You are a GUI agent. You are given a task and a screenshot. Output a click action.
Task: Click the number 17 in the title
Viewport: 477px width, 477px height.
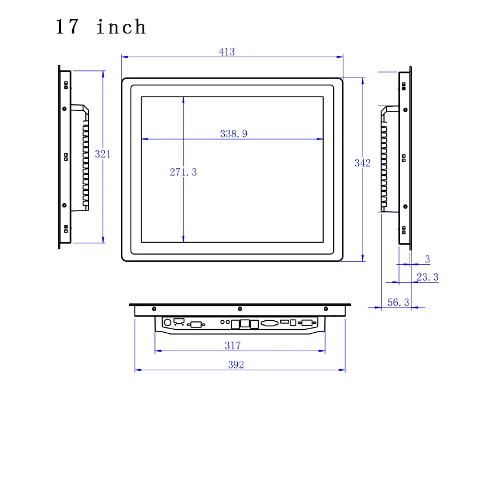(69, 27)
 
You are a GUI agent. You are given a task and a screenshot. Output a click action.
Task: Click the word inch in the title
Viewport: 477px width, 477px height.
(121, 27)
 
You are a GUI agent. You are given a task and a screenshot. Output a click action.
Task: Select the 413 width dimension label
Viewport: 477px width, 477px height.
(227, 52)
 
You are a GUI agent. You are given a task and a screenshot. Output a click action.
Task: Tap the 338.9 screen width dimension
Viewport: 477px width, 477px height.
(234, 134)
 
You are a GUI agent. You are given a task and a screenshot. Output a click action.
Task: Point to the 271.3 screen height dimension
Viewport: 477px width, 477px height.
(183, 172)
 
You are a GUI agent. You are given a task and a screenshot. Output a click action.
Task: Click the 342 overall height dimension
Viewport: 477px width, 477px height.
(363, 163)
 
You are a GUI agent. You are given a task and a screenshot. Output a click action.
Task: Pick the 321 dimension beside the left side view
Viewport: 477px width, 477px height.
(103, 154)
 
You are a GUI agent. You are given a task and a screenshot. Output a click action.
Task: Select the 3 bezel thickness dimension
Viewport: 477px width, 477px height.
(427, 259)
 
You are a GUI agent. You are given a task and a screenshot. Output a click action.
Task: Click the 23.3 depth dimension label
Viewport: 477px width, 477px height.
(428, 277)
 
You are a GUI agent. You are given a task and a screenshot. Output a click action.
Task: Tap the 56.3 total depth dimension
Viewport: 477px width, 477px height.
(398, 302)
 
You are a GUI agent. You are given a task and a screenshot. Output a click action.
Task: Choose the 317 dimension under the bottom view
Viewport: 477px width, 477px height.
(233, 345)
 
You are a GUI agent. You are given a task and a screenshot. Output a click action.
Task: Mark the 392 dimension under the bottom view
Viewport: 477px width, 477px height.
(236, 365)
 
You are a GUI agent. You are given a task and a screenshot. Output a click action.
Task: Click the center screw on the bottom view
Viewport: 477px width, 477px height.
(240, 309)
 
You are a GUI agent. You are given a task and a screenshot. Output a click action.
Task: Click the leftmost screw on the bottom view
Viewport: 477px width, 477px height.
(154, 309)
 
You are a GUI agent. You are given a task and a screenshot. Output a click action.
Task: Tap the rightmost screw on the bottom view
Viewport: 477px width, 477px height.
(326, 309)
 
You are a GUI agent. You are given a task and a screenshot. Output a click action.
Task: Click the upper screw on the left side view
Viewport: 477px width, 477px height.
(64, 109)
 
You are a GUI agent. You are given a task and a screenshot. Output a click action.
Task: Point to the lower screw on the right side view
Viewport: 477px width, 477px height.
(405, 207)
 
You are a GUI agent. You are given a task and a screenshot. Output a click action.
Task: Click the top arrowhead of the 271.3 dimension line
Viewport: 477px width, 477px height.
(183, 100)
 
